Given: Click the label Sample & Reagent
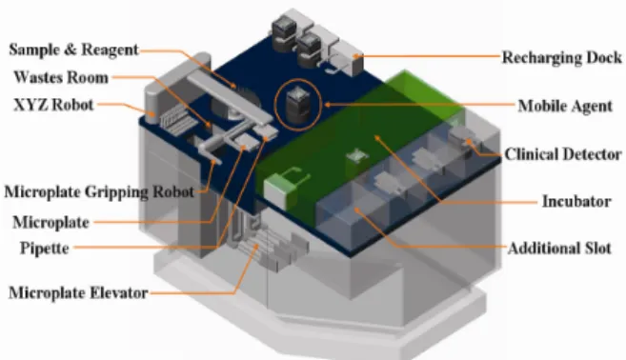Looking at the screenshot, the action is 74,50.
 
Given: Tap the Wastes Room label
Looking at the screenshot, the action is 61,77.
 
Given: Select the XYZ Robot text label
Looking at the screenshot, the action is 53,105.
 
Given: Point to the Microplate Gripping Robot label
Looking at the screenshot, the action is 99,192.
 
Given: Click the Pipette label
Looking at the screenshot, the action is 45,249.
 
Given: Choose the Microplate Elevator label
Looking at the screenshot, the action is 78,293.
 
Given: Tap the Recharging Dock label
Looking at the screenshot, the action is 562,57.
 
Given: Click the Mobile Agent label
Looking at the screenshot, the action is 565,106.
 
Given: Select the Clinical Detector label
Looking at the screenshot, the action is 563,154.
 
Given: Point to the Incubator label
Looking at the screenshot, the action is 576,201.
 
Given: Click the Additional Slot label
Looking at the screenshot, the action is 559,249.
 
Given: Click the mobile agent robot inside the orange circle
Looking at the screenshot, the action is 298,105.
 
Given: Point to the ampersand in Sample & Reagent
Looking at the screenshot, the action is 70,50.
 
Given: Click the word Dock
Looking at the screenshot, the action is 604,57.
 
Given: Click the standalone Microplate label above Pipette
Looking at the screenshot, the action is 50,223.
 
